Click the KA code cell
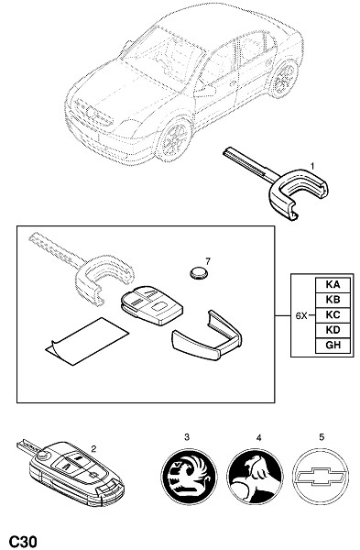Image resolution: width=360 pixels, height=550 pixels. pyautogui.click(x=333, y=285)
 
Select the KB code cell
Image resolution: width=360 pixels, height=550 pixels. pyautogui.click(x=333, y=300)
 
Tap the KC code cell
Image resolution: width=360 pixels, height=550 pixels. pyautogui.click(x=333, y=315)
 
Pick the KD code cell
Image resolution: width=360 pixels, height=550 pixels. pyautogui.click(x=333, y=330)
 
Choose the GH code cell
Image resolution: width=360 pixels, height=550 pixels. pyautogui.click(x=333, y=346)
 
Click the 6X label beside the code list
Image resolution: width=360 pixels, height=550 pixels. pyautogui.click(x=300, y=315)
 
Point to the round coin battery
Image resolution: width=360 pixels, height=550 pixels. pyautogui.click(x=199, y=273)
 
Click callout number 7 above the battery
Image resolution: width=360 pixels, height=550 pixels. pyautogui.click(x=208, y=261)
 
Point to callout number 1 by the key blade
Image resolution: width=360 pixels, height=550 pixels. pyautogui.click(x=312, y=166)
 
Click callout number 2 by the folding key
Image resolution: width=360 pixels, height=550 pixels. pyautogui.click(x=93, y=448)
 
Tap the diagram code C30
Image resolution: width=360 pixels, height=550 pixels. pyautogui.click(x=23, y=541)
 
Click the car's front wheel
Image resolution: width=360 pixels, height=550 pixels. pyautogui.click(x=174, y=139)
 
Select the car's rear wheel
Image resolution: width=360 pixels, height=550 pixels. pyautogui.click(x=282, y=79)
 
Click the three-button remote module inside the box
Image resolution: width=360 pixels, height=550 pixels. pyautogui.click(x=152, y=305)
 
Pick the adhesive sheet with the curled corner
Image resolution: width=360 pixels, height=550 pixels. pyautogui.click(x=87, y=341)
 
